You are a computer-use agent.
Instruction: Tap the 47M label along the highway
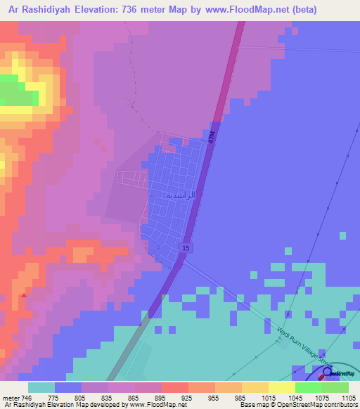(x=212, y=138)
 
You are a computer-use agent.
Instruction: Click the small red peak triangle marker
(x=25, y=296)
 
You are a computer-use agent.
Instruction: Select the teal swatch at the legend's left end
(x=41, y=387)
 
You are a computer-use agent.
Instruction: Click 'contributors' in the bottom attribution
(x=339, y=405)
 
